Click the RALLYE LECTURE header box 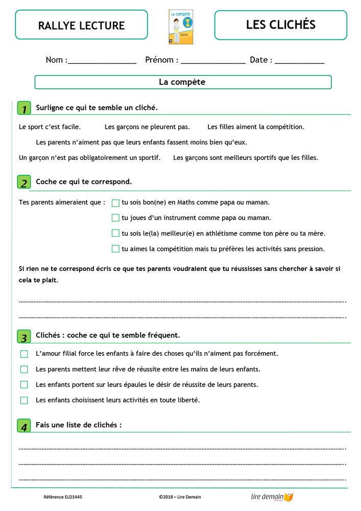click(81, 25)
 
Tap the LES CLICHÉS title click(280, 25)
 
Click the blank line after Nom click(102, 61)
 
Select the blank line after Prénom click(213, 61)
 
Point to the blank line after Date click(299, 61)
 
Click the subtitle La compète click(182, 82)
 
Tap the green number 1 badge click(24, 108)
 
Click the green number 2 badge click(24, 182)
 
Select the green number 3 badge click(24, 337)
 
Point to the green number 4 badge click(24, 426)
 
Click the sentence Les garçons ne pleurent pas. click(147, 127)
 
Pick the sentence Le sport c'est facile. click(50, 127)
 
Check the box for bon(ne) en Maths click(115, 203)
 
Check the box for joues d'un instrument click(115, 218)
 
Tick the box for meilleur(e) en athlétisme click(115, 234)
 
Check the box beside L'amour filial click(24, 354)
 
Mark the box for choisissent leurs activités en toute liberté click(24, 400)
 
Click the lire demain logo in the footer click(272, 497)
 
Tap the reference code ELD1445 click(63, 497)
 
